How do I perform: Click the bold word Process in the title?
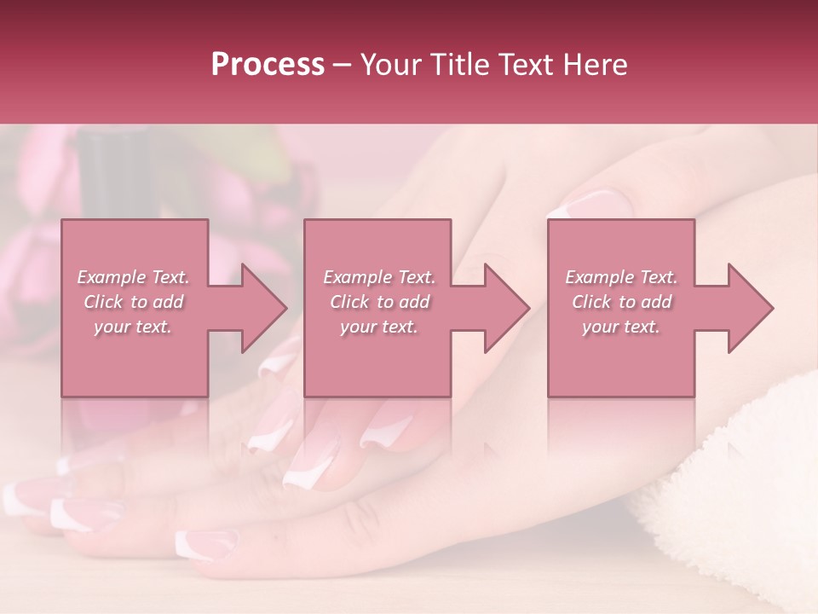(268, 65)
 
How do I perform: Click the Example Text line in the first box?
(133, 277)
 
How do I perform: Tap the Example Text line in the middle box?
(378, 277)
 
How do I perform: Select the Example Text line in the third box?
(621, 277)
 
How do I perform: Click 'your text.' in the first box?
(133, 327)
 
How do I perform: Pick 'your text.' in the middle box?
(378, 327)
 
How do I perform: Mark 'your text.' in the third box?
(621, 327)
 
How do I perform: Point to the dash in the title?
(343, 65)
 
